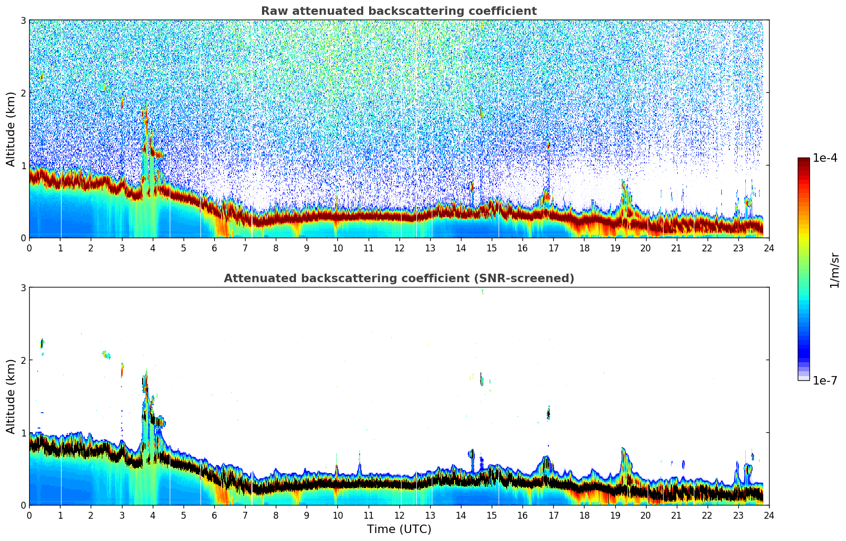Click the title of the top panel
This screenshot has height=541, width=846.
[x=398, y=11]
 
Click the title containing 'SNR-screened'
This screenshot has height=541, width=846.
[x=398, y=278]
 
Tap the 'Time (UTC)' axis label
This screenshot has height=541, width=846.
[x=399, y=529]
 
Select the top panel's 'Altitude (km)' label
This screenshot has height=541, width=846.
[x=11, y=129]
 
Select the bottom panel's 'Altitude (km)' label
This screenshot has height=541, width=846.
[x=11, y=396]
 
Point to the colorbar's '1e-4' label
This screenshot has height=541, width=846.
[x=825, y=158]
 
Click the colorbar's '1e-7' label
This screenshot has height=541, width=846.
[x=825, y=380]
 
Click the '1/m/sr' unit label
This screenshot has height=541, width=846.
[x=834, y=270]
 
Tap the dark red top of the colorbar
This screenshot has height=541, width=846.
[x=804, y=161]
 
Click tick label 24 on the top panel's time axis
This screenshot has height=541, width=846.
[x=769, y=248]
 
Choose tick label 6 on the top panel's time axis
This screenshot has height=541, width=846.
[x=214, y=248]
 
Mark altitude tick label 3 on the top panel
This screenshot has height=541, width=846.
[x=23, y=20]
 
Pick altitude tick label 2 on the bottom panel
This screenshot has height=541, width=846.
[x=23, y=360]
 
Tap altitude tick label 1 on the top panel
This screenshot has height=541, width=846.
[x=23, y=165]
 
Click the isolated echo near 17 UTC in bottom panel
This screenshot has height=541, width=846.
[x=548, y=413]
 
